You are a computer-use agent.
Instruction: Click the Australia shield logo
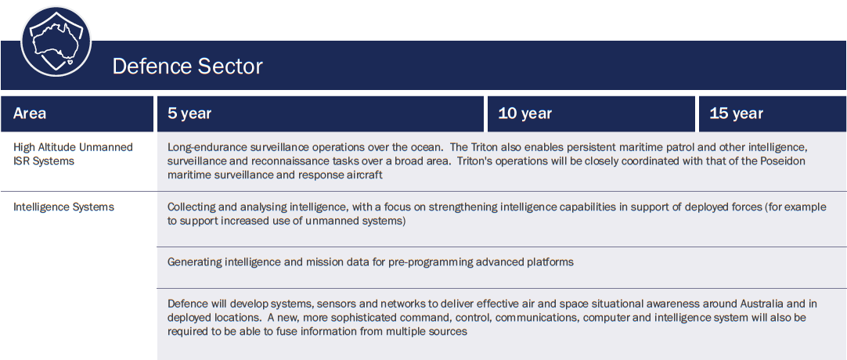coord(56,41)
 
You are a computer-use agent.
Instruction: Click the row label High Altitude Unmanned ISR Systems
coord(73,154)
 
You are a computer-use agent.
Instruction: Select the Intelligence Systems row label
coord(63,207)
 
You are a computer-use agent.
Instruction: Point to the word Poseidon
coord(802,161)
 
